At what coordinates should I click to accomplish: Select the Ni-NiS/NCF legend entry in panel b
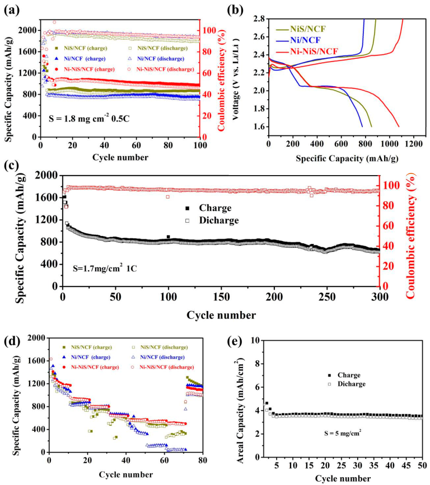(314, 51)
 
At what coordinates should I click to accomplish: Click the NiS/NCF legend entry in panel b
(307, 29)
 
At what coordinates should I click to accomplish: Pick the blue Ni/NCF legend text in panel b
(305, 40)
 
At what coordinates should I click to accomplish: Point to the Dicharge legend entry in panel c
(214, 220)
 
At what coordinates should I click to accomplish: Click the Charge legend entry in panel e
(344, 375)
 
